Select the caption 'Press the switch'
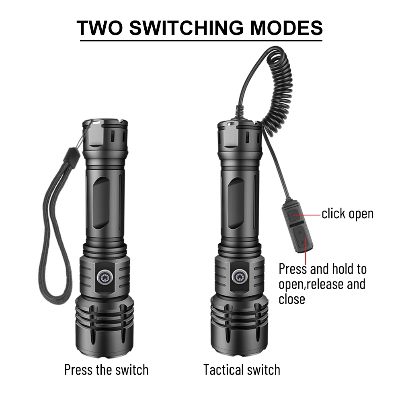(106, 369)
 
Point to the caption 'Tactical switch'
(242, 369)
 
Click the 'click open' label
(347, 214)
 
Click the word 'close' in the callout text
(292, 299)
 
